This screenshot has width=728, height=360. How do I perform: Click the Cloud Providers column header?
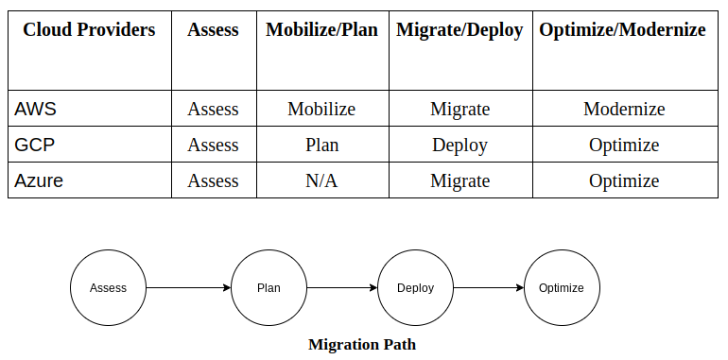click(89, 30)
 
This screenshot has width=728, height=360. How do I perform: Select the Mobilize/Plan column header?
click(321, 30)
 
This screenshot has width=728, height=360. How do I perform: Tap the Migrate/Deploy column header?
click(459, 30)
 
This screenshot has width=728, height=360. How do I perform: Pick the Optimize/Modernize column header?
click(622, 30)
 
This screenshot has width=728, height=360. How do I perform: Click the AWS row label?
click(36, 109)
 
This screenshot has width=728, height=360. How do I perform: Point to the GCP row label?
click(34, 145)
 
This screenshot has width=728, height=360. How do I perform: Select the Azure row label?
click(39, 180)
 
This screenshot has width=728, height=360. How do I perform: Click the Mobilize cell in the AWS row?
click(321, 109)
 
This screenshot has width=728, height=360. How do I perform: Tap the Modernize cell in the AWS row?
click(624, 109)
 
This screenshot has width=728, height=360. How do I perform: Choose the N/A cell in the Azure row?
click(321, 180)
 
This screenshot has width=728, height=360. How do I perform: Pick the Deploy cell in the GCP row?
click(459, 145)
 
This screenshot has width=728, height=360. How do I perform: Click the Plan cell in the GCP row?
click(321, 145)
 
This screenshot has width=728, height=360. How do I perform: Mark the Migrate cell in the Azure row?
click(459, 180)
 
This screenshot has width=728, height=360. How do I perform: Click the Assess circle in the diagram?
click(108, 287)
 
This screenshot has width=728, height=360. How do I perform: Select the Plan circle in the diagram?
click(269, 287)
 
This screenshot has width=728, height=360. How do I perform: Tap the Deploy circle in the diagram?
click(415, 287)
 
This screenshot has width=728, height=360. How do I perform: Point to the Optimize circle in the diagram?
click(562, 287)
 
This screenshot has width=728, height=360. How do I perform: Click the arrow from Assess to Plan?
click(188, 287)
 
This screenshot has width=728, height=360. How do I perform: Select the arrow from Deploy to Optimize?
click(488, 287)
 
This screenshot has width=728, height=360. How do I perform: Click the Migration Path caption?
click(362, 344)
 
